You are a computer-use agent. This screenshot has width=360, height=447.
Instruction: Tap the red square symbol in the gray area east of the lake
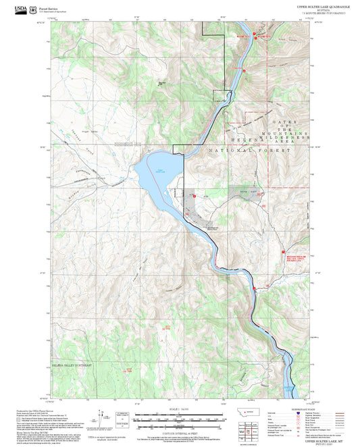pos(195,196)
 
